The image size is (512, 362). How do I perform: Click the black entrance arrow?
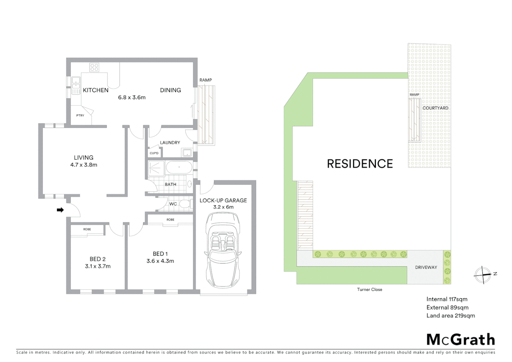click(60, 210)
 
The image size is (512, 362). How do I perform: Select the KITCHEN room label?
click(95, 90)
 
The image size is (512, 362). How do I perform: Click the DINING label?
click(170, 90)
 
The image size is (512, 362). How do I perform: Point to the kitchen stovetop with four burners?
click(94, 67)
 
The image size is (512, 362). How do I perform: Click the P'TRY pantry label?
click(80, 116)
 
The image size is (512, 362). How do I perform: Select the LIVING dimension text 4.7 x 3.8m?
click(84, 165)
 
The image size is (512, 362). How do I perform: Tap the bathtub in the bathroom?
click(179, 167)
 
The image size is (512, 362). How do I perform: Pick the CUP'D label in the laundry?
click(154, 153)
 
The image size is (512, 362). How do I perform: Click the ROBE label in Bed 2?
click(87, 229)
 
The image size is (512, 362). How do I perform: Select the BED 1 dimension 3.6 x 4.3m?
click(160, 261)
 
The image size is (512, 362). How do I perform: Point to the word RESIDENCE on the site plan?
click(360, 164)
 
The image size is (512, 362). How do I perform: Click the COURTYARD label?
click(435, 108)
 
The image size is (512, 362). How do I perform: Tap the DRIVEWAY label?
click(426, 267)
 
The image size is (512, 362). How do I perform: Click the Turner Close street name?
click(369, 290)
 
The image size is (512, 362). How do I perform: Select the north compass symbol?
click(483, 275)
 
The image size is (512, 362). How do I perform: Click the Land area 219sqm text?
click(450, 316)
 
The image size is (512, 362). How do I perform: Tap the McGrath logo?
click(460, 340)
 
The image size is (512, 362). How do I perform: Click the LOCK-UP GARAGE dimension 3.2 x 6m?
click(223, 207)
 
